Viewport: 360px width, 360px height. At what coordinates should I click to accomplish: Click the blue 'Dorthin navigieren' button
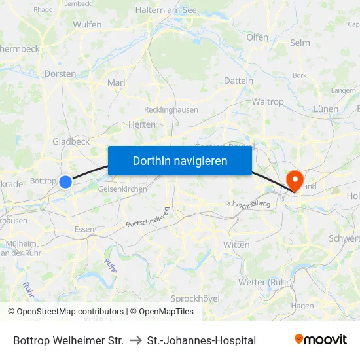180,160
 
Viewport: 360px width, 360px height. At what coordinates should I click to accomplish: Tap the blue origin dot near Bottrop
65,182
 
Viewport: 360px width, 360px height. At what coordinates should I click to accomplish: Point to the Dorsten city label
60,74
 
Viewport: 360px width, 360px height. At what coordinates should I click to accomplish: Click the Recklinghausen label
171,110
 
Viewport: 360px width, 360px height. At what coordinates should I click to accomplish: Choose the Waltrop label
268,101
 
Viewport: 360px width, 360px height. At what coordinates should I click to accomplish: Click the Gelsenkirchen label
122,189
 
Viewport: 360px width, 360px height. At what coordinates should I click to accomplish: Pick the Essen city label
84,229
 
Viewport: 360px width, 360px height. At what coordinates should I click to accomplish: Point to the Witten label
236,245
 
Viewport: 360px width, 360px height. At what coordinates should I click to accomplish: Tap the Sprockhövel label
195,298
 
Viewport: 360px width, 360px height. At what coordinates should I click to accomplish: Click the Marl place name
116,82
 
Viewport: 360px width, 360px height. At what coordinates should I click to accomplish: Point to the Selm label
300,43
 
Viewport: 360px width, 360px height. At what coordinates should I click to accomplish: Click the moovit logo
321,340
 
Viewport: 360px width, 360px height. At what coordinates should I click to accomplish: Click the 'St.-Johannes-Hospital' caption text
202,340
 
